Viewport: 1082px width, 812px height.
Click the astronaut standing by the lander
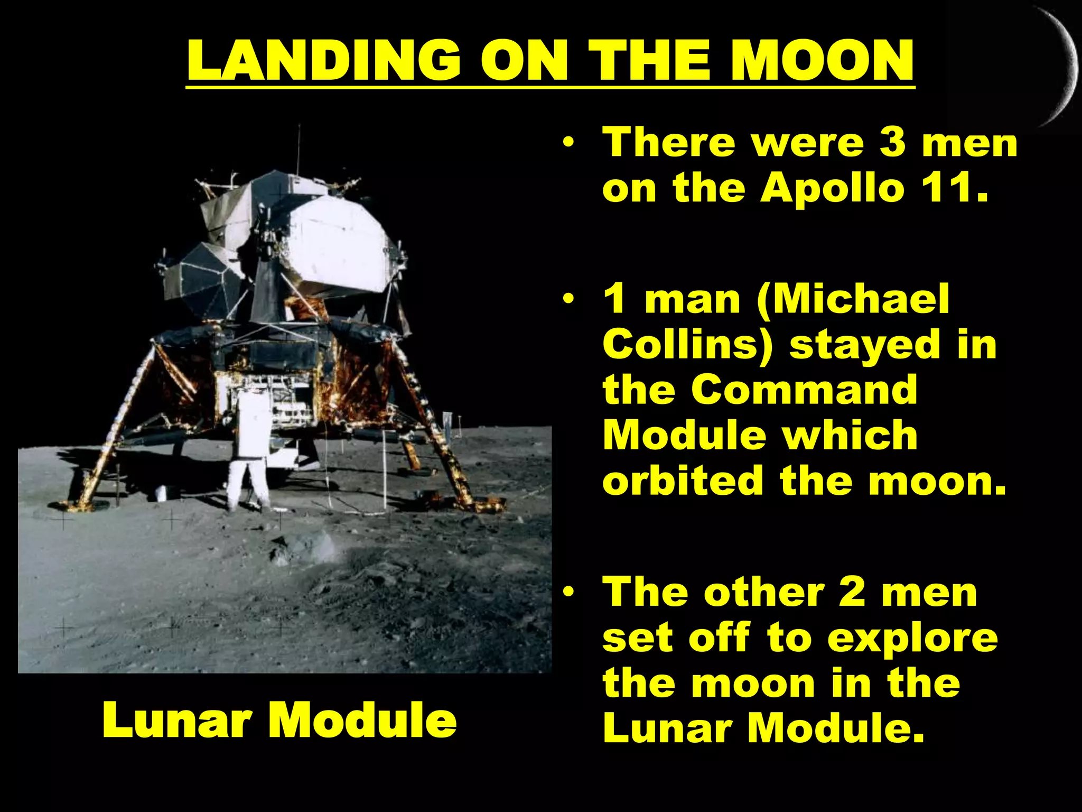point(248,449)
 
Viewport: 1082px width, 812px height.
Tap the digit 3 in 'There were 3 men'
point(892,143)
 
